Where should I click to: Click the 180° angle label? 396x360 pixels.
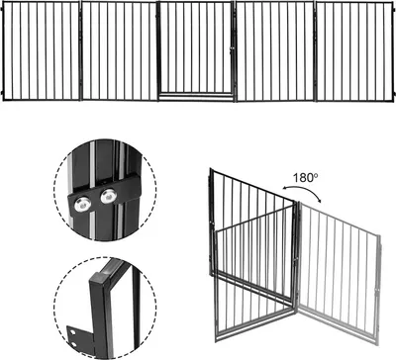(306, 178)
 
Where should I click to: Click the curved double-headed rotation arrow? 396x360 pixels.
(303, 188)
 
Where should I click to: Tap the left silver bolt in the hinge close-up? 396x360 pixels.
(82, 205)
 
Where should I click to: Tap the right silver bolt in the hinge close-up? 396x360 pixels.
(108, 197)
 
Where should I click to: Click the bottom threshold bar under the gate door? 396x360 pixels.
(197, 96)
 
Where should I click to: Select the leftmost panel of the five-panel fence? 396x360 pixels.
(42, 51)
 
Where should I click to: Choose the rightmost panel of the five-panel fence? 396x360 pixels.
(355, 51)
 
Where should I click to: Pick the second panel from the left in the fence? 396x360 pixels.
(119, 50)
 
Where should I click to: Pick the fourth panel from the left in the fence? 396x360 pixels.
(275, 51)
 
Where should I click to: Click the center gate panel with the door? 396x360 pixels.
(197, 51)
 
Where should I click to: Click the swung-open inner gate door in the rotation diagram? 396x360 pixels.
(254, 254)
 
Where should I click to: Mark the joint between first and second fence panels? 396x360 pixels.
(81, 51)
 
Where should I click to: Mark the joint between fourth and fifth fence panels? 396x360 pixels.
(316, 51)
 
